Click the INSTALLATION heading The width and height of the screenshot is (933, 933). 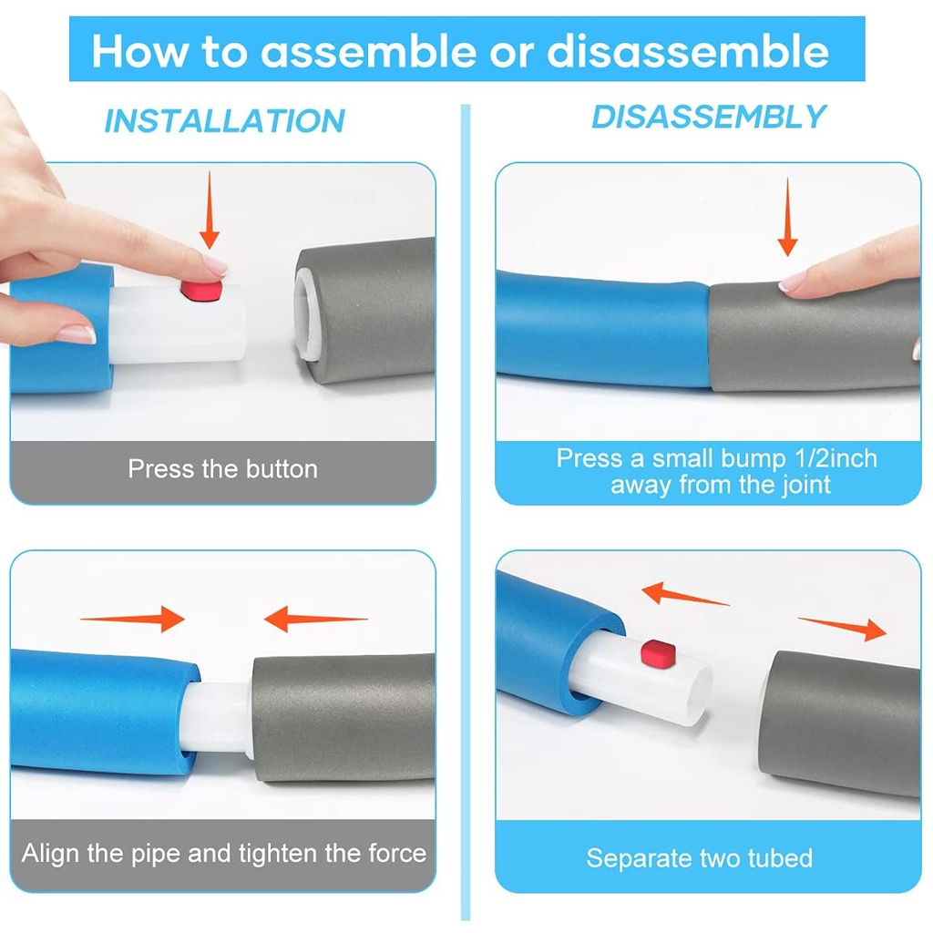click(224, 121)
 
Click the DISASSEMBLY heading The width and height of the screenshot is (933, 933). click(709, 117)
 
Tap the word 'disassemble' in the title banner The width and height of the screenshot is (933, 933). click(688, 51)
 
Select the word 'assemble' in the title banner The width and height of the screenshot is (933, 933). click(368, 51)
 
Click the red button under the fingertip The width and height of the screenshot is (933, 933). click(201, 291)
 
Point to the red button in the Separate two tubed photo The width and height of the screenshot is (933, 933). click(658, 653)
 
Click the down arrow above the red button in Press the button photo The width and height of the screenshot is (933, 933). click(210, 210)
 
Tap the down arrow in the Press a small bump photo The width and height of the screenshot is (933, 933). click(788, 217)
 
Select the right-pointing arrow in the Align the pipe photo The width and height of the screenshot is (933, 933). click(133, 619)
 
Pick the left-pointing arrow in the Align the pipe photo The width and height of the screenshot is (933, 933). click(316, 619)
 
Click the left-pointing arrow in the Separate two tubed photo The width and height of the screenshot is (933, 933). click(685, 594)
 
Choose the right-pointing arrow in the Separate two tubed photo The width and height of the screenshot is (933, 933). click(842, 629)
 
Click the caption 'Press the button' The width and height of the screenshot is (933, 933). click(222, 469)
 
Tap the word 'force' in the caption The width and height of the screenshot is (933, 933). click(397, 853)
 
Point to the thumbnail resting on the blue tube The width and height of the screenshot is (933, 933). click(77, 334)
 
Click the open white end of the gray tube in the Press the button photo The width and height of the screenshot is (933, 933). click(306, 314)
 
